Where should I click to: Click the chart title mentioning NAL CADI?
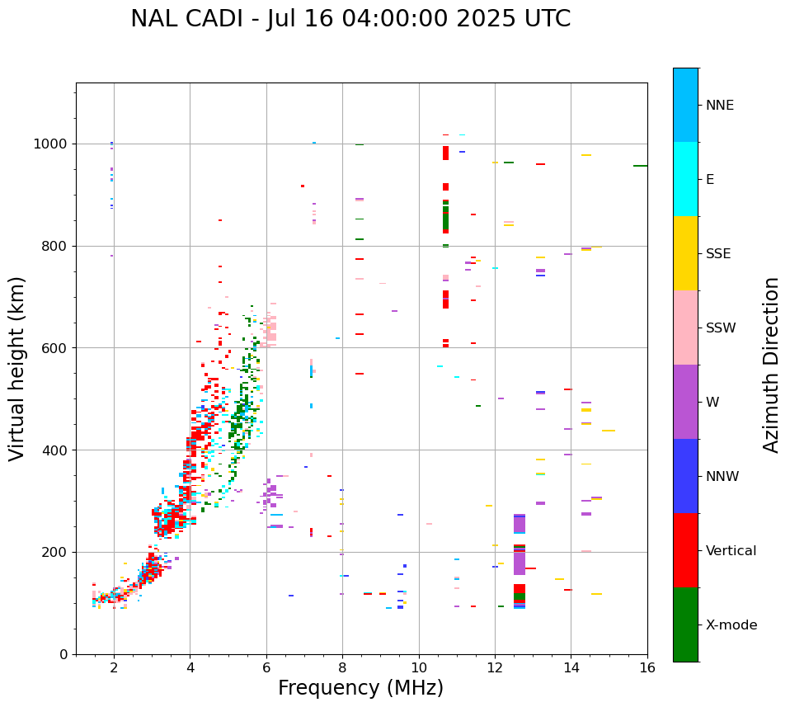[x=350, y=19]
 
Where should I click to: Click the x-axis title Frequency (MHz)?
[x=360, y=688]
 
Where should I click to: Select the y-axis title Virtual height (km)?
[x=17, y=369]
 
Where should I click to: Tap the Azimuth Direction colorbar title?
[x=771, y=365]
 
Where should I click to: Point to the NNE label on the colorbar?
[x=719, y=106]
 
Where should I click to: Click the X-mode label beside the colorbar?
[x=731, y=625]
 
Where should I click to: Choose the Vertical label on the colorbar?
[x=731, y=551]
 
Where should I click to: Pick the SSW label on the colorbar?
[x=721, y=328]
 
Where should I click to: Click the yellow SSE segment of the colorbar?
[x=685, y=253]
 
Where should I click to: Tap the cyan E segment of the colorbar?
[x=685, y=179]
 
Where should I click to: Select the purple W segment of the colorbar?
[x=685, y=402]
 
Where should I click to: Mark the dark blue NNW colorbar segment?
[x=685, y=476]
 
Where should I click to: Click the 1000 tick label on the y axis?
[x=53, y=144]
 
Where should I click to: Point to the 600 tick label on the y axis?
[x=57, y=348]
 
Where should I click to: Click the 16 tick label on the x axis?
[x=647, y=667]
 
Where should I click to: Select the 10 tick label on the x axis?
[x=419, y=667]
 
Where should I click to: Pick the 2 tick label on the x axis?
[x=114, y=667]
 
